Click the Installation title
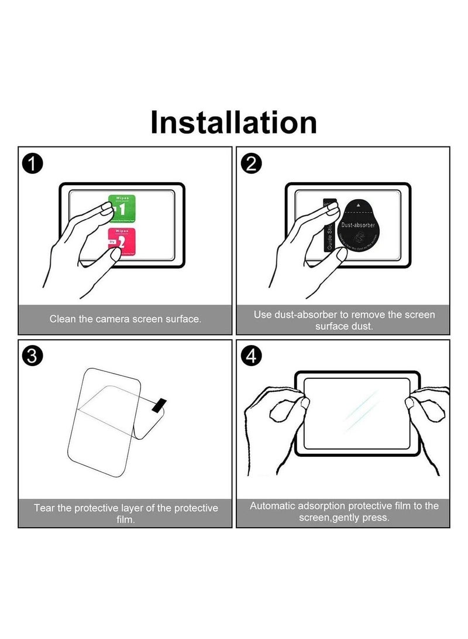tap(234, 122)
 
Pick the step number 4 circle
tap(251, 356)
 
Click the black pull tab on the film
tap(159, 405)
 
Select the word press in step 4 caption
tap(375, 518)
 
